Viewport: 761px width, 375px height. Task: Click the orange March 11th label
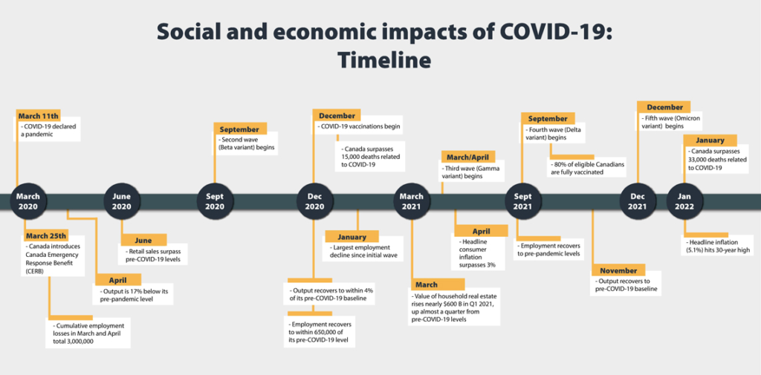click(x=39, y=116)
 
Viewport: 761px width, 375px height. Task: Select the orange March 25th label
click(x=46, y=236)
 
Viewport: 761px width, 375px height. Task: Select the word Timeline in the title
click(x=383, y=59)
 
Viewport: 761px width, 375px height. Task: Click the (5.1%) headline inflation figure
click(x=695, y=250)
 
